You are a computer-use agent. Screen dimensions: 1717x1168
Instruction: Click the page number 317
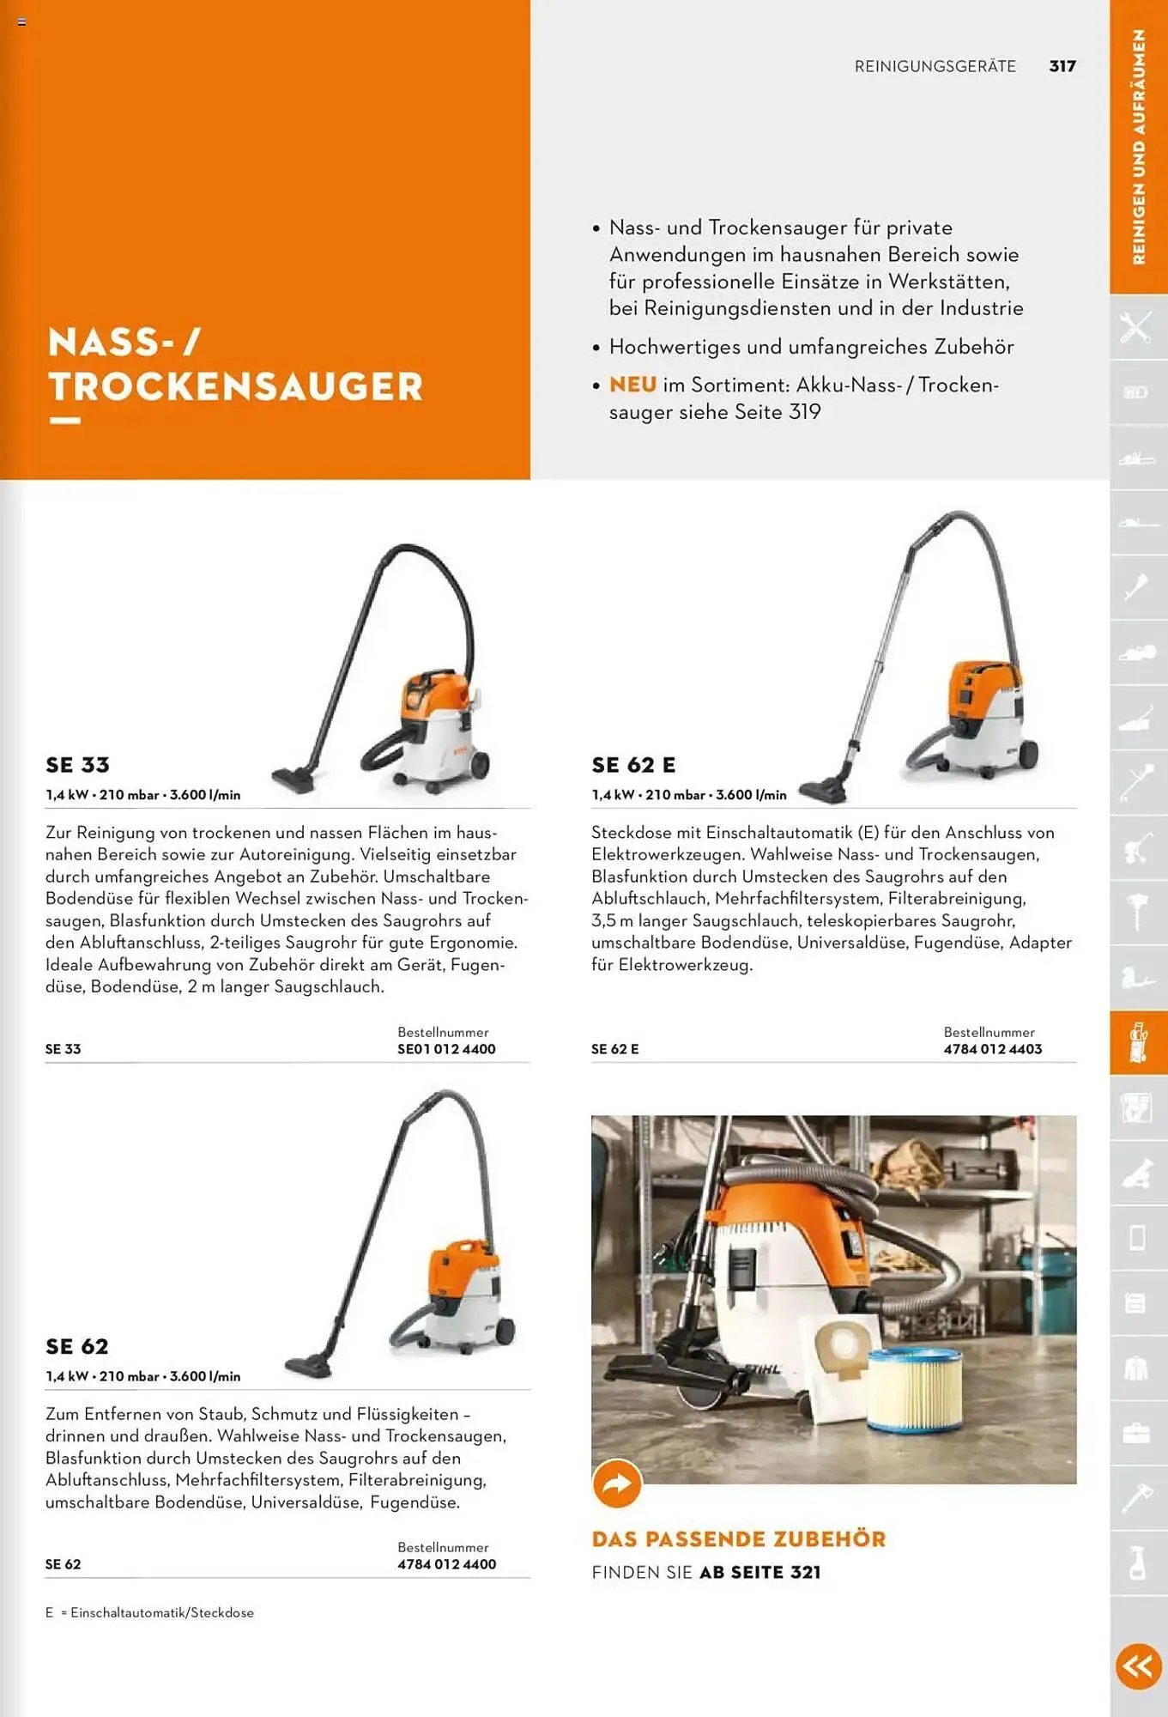click(1062, 66)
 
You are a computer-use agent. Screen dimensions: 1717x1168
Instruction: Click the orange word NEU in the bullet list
click(632, 385)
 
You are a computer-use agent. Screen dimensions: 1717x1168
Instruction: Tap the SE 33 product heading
click(78, 765)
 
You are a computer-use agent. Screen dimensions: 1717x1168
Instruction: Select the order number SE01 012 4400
click(446, 1049)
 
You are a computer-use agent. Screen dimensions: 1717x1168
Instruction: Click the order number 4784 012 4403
click(992, 1049)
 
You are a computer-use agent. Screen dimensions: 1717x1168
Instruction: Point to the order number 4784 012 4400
click(446, 1564)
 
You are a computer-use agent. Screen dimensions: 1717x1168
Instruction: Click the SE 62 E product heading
click(633, 765)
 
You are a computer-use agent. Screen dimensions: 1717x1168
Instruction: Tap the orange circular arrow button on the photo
click(617, 1483)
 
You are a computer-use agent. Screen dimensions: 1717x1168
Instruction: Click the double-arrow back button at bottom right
click(1139, 1666)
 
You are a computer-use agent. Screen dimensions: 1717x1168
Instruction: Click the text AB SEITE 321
click(760, 1573)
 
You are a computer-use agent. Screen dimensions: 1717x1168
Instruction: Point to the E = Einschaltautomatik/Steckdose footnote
click(149, 1612)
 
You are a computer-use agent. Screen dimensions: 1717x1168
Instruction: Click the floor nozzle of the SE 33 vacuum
click(296, 779)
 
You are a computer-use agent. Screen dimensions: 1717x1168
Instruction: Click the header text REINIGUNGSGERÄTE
click(935, 66)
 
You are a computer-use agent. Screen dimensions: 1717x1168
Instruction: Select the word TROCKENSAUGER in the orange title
click(236, 386)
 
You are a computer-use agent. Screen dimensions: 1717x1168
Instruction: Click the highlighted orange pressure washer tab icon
click(1138, 1042)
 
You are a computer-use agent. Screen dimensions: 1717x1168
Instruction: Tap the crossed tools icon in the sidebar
click(1136, 327)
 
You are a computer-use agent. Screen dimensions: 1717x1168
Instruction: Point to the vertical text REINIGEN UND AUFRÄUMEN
click(1139, 146)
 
